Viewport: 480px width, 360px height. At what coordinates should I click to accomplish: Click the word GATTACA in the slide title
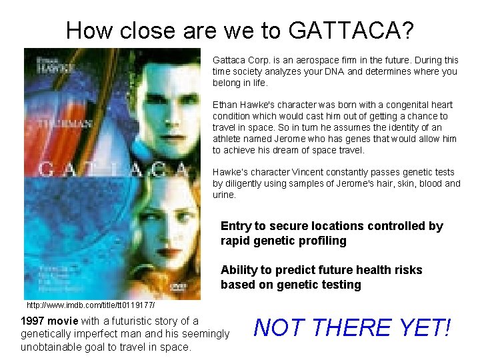point(351,30)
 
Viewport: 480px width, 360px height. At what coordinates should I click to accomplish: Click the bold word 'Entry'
point(235,226)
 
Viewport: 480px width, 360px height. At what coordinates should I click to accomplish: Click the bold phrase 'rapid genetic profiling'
point(283,241)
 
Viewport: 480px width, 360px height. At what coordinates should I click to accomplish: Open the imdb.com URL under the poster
point(91,305)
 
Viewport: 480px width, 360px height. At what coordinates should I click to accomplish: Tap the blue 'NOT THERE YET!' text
point(353,328)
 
